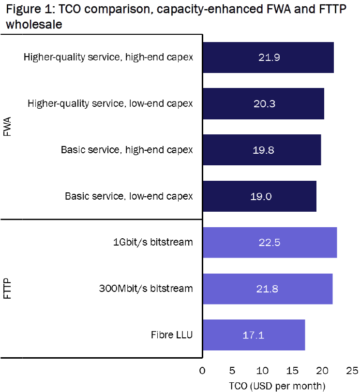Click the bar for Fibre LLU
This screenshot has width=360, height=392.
coord(254,335)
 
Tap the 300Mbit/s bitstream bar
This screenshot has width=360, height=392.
coord(268,289)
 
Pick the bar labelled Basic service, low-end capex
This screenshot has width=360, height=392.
coord(259,196)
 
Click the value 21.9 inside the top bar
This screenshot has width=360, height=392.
coord(270,58)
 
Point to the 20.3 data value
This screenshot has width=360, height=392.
coord(263,104)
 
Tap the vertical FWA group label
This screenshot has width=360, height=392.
coord(8,127)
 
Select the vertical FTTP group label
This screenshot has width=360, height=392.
coord(8,289)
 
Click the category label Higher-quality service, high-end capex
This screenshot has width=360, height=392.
coord(108,58)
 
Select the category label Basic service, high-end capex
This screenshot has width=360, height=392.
coord(127,150)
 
